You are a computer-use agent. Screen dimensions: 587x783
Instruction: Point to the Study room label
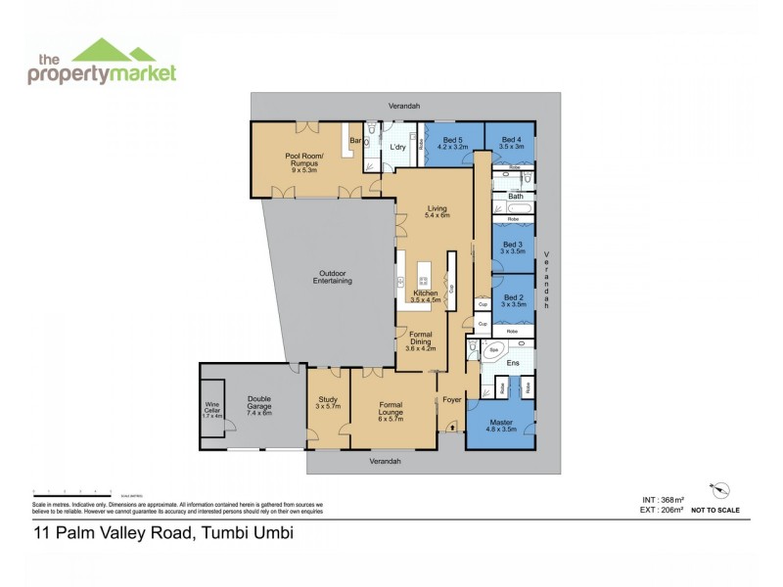pyautogui.click(x=328, y=402)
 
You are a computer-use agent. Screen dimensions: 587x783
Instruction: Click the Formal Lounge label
pyautogui.click(x=391, y=409)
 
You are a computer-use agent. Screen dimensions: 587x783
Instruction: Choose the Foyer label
pyautogui.click(x=451, y=399)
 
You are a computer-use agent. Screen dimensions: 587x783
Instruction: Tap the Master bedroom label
pyautogui.click(x=500, y=427)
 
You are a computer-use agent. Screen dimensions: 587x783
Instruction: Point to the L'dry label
pyautogui.click(x=398, y=147)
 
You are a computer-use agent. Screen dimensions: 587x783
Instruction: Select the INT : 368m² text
pyautogui.click(x=655, y=500)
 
